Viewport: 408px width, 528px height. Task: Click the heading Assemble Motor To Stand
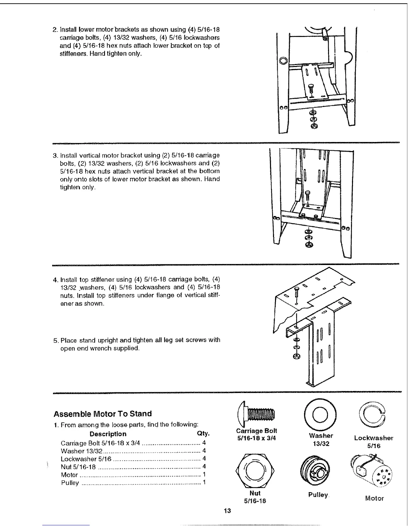[x=103, y=414]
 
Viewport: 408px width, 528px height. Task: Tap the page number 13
[x=227, y=511]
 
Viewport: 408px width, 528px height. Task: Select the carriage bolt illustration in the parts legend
[x=256, y=414]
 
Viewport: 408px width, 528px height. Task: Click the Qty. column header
[x=203, y=434]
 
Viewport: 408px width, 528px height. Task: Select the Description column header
[x=108, y=434]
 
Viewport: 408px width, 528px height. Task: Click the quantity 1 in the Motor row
[x=204, y=475]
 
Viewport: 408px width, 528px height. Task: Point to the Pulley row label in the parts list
[x=70, y=483]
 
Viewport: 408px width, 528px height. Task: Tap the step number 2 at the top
[x=55, y=30]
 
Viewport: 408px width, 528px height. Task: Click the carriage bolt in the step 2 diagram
[x=311, y=88]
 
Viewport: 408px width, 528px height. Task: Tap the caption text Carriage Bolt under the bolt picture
[x=256, y=431]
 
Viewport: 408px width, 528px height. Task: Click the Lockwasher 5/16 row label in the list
[x=86, y=459]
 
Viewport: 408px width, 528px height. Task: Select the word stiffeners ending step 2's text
[x=73, y=54]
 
